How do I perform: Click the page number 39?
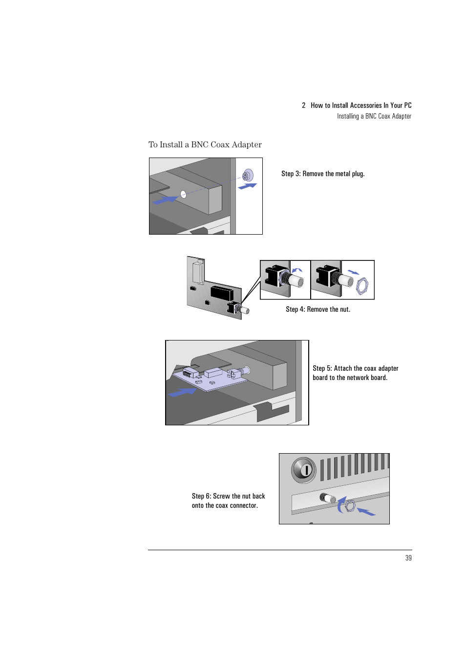coord(408,558)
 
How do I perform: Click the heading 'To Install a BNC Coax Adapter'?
coord(205,145)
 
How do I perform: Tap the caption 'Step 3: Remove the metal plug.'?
coord(323,174)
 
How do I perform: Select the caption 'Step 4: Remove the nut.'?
coord(318,309)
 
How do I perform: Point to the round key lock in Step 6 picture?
coord(304,470)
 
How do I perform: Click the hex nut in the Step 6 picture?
coord(350,506)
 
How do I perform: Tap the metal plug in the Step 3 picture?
coord(248,175)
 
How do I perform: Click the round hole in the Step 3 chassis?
coord(183,194)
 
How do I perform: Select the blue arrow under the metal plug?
coord(248,186)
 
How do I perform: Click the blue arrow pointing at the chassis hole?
coord(165,200)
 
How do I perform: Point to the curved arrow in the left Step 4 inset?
coord(297,270)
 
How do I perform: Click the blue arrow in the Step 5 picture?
coord(182,392)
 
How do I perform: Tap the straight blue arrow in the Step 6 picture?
coord(366,511)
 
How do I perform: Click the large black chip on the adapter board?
coord(221,293)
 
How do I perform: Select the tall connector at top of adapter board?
coord(198,272)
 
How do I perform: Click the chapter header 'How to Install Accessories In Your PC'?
coord(361,105)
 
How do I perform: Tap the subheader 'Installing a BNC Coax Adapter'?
coord(374,116)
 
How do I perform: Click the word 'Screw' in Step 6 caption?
coord(221,496)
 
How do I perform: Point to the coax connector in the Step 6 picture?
coord(327,498)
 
